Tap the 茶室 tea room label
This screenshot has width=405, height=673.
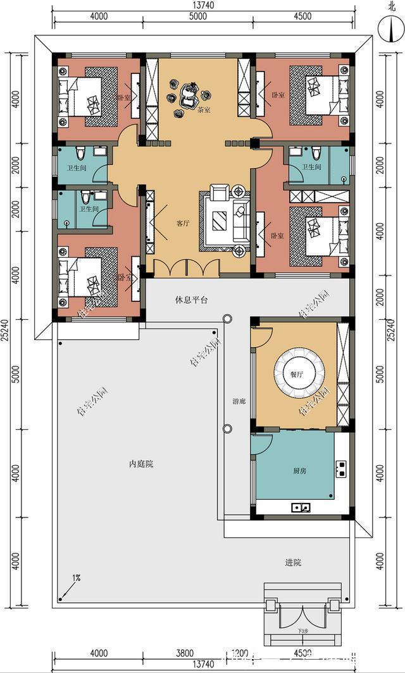[204, 109]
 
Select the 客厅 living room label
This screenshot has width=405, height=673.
[183, 223]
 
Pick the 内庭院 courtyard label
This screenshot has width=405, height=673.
[140, 464]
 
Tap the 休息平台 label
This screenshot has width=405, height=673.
[191, 300]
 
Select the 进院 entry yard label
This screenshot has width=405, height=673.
[294, 562]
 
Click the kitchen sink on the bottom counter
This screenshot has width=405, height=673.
[301, 507]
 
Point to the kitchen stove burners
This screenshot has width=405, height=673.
[342, 468]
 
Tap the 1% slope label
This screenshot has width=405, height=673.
[77, 577]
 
